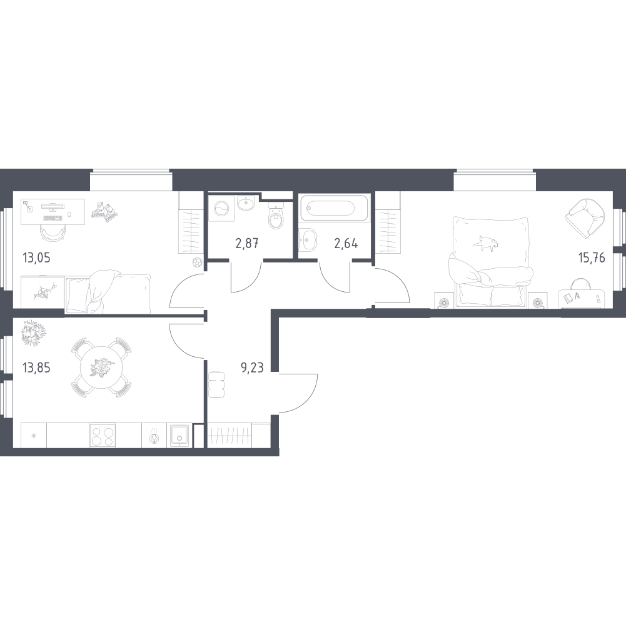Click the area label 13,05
click(x=36, y=258)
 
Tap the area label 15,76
click(x=592, y=258)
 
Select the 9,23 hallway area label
click(x=252, y=367)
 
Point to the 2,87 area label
click(x=247, y=243)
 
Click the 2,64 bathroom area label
click(x=346, y=243)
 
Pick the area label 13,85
click(x=36, y=367)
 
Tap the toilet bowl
click(x=276, y=216)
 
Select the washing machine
click(x=221, y=207)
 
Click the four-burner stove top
click(x=103, y=435)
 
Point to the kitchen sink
click(x=179, y=435)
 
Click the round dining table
click(x=98, y=367)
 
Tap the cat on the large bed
click(x=486, y=244)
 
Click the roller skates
click(x=104, y=211)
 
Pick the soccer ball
click(x=197, y=262)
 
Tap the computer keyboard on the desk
click(x=53, y=218)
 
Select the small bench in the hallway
click(x=217, y=384)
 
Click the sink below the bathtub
click(x=308, y=239)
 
